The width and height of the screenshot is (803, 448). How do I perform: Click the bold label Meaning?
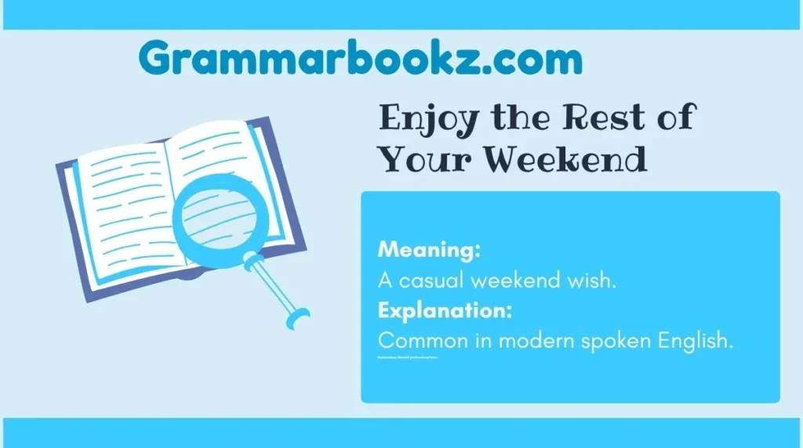point(429,251)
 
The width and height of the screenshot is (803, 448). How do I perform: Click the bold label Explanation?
point(445,311)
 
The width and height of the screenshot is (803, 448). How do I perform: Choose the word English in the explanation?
point(699,342)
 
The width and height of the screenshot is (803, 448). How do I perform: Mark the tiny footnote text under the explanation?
point(407,357)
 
